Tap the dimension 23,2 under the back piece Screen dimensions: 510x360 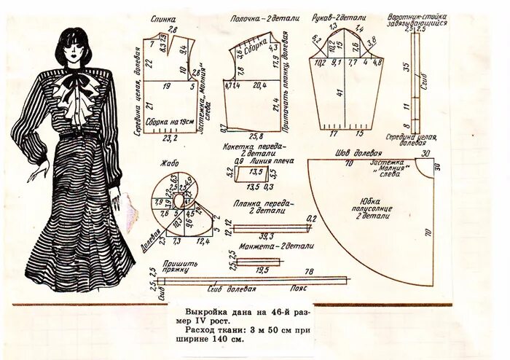tap(170, 137)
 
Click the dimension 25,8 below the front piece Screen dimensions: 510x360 tap(255, 136)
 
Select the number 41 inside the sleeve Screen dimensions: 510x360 tap(340, 93)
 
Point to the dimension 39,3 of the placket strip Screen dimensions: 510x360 tap(266, 236)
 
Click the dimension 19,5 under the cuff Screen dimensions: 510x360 tap(262, 269)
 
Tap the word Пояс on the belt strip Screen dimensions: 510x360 tap(297, 288)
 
